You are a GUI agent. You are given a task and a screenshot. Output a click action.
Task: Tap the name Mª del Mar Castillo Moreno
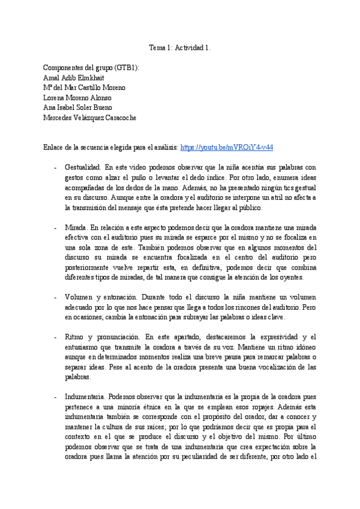coord(85,88)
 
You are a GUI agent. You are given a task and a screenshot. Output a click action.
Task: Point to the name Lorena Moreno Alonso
coord(77,98)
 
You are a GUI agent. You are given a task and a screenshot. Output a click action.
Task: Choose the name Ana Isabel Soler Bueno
coord(77,107)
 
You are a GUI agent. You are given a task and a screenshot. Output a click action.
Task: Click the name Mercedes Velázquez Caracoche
coord(90,118)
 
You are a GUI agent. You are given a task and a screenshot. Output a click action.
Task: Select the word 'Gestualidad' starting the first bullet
coord(82,167)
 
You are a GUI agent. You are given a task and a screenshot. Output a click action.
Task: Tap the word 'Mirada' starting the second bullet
coord(75,228)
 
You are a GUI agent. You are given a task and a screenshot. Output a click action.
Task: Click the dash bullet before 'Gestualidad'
coord(55,167)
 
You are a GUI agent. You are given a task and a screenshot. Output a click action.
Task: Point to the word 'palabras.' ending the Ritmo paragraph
coord(77,378)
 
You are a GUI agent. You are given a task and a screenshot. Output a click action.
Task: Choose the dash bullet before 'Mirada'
coord(55,228)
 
